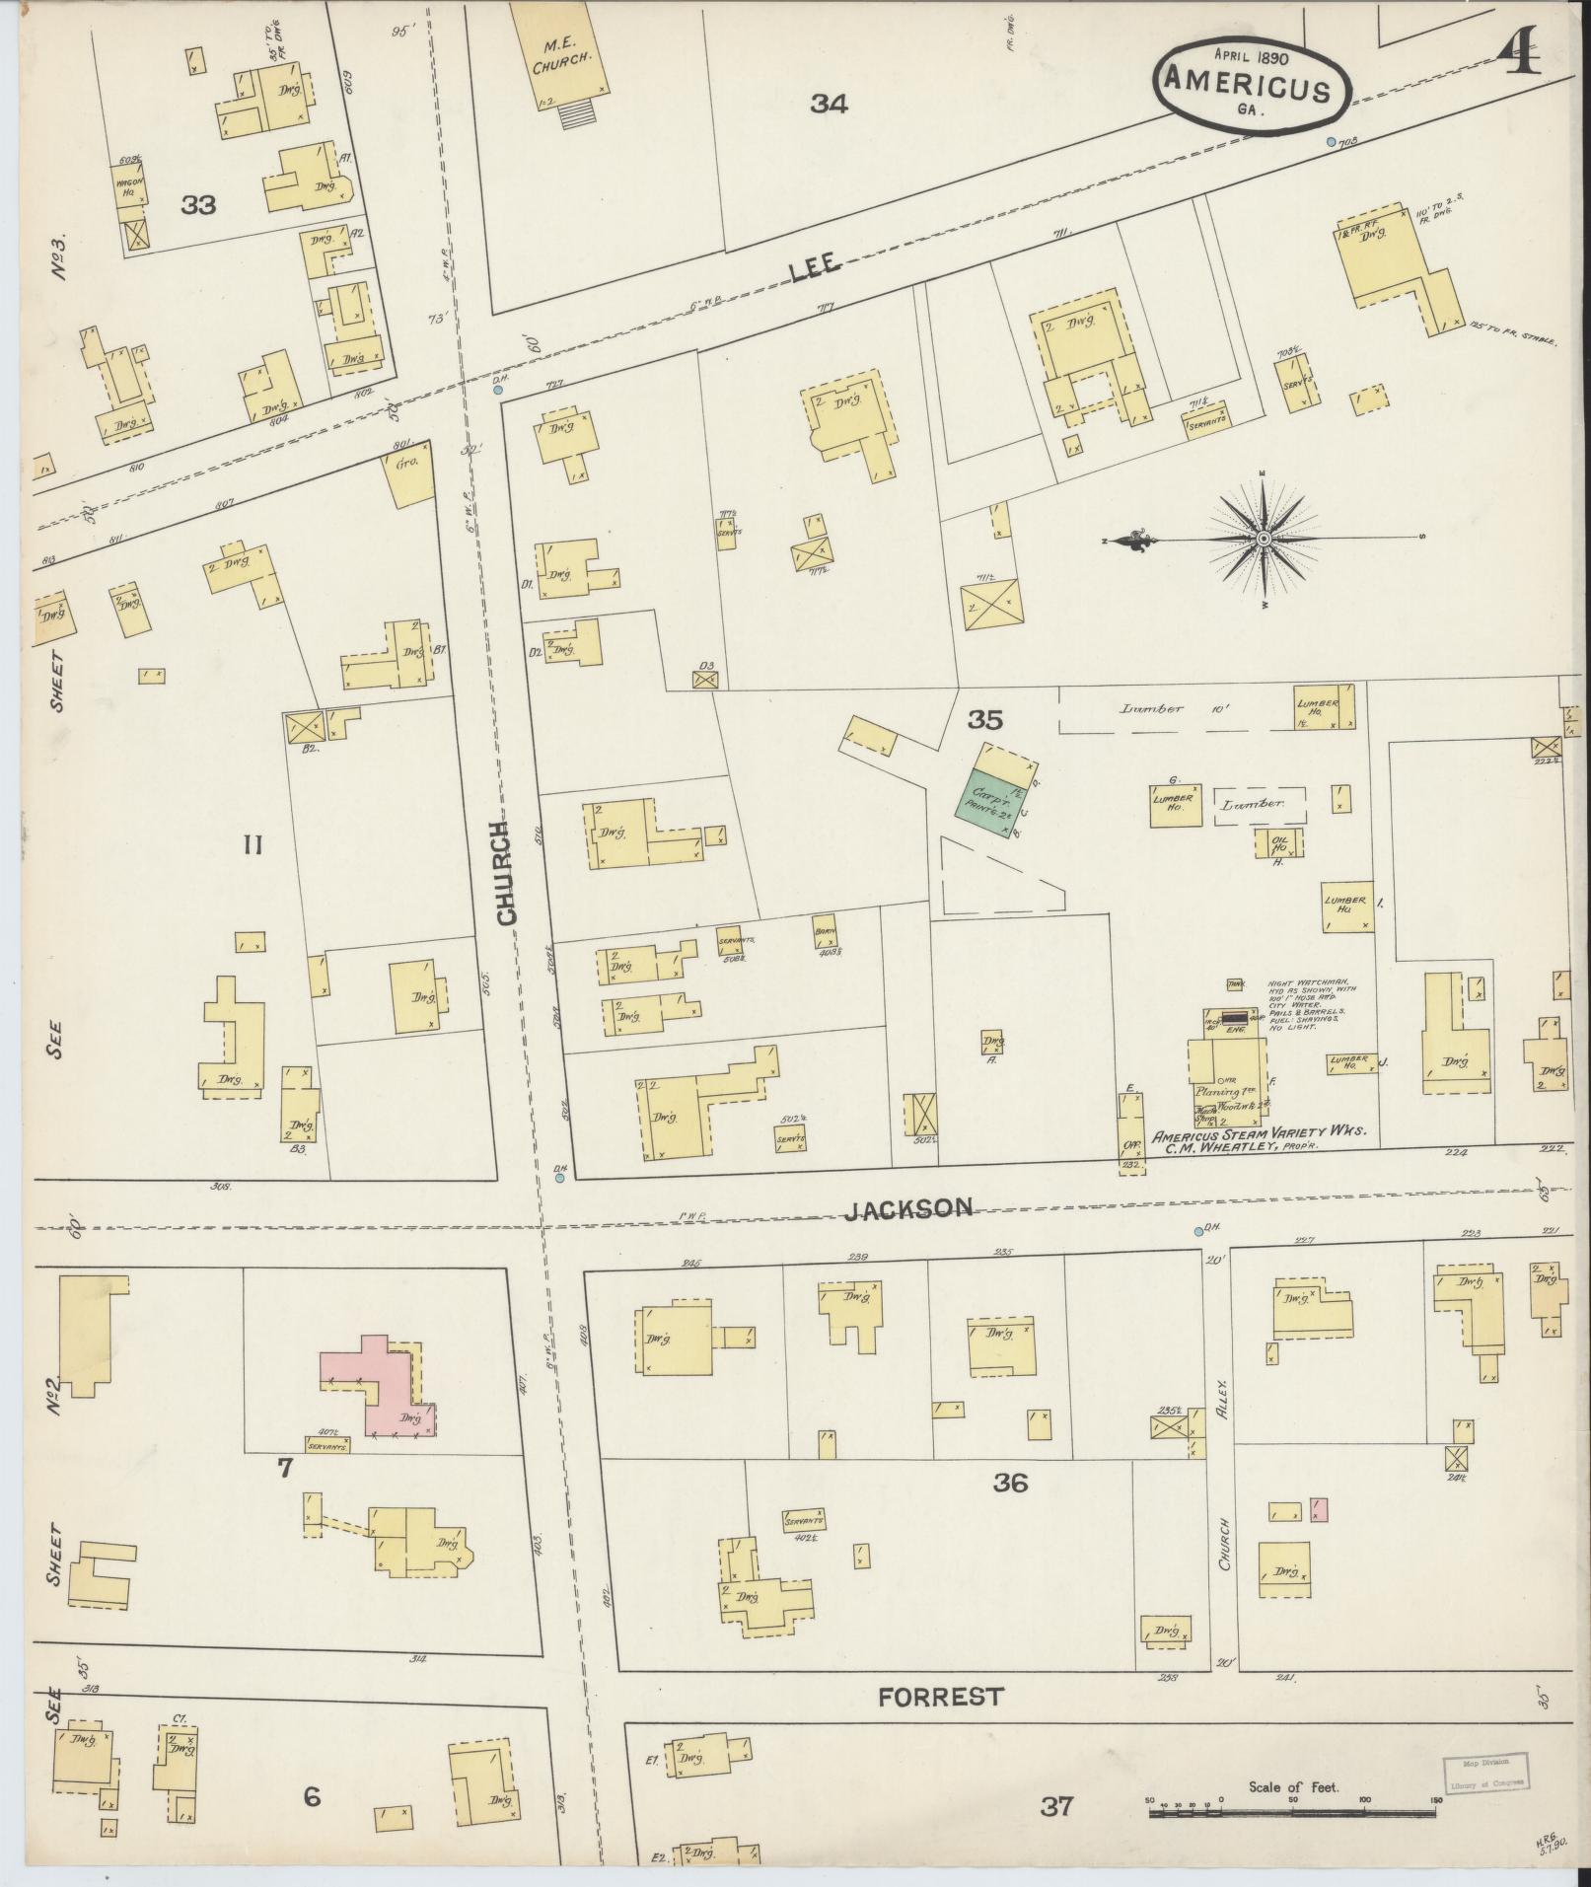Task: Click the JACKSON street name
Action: (923, 1207)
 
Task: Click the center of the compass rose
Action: (1263, 539)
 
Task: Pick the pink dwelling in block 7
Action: (380, 1386)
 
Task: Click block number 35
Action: (983, 720)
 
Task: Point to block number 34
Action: (829, 104)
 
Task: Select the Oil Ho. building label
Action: (1278, 842)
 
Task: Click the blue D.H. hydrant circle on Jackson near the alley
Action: (1198, 1231)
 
